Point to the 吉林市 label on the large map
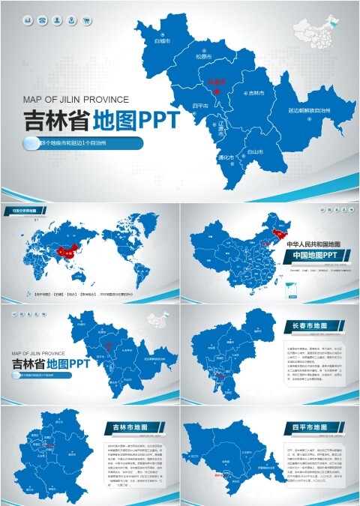click(258, 93)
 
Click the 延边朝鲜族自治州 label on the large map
click(310, 109)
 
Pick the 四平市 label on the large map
click(200, 105)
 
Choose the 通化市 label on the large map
click(225, 157)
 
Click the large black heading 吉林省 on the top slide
click(56, 121)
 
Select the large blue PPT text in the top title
click(155, 121)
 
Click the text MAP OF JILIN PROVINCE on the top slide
click(76, 98)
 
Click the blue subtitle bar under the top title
click(83, 142)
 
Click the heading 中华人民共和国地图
click(313, 244)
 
